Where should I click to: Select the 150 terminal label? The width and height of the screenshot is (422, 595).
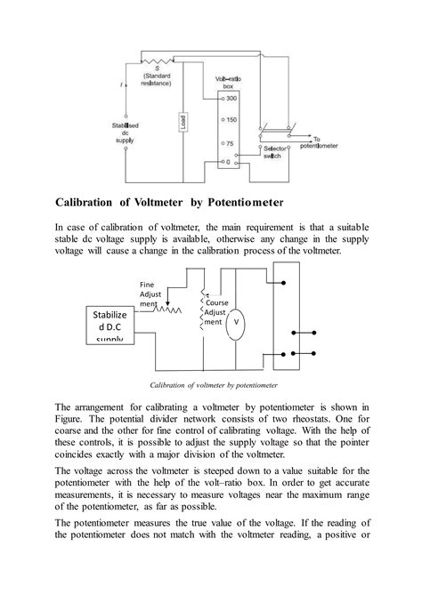[231, 118]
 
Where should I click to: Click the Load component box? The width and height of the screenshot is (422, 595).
[183, 123]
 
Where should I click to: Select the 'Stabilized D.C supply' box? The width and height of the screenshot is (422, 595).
[110, 326]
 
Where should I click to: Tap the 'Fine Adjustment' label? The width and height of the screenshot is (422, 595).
[152, 293]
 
